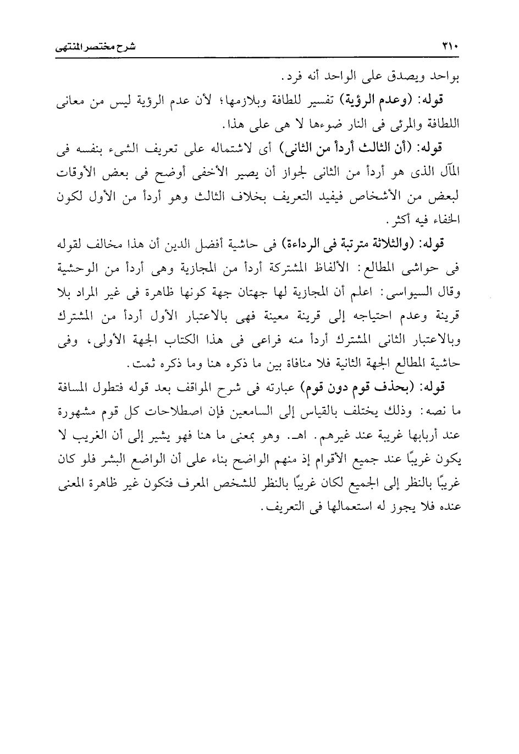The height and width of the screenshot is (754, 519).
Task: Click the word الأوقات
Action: pyautogui.click(x=78, y=172)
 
